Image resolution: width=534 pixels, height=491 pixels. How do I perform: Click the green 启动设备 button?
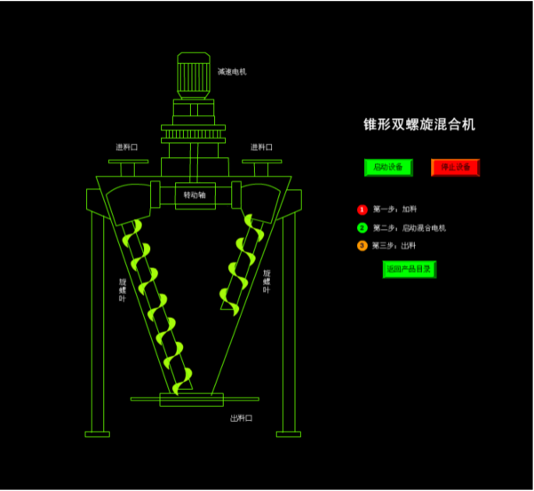click(388, 167)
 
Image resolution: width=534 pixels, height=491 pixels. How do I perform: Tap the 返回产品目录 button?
click(409, 269)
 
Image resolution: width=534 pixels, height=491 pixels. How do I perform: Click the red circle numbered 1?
click(362, 210)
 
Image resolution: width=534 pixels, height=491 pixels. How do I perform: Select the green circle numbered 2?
click(362, 228)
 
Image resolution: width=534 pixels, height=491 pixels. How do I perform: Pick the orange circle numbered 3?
click(362, 246)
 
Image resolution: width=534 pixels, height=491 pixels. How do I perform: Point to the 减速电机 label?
click(232, 72)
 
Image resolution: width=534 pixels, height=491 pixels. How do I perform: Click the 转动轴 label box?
click(195, 194)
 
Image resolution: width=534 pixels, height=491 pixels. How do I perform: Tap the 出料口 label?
click(242, 418)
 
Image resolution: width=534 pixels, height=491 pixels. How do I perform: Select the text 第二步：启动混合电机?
click(409, 228)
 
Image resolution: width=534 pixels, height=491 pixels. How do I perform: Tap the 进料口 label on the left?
click(126, 147)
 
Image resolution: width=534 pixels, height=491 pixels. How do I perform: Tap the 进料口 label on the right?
click(261, 147)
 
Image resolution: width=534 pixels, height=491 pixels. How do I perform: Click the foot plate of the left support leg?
click(98, 434)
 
